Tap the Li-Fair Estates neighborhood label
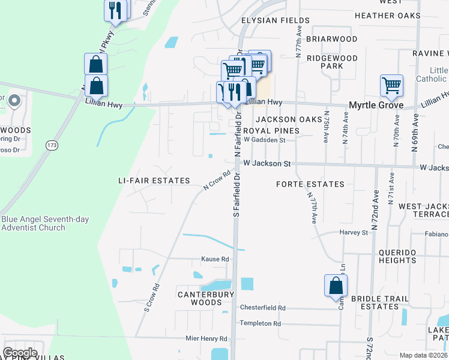tap(154, 181)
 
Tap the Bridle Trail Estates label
tap(383, 302)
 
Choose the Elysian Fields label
tap(275, 20)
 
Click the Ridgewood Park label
tap(332, 62)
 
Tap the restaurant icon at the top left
tap(116, 10)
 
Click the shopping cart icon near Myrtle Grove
tap(391, 85)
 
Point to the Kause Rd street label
tap(215, 259)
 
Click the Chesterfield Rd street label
tap(262, 308)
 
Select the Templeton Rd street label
tap(260, 323)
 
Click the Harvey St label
tap(353, 232)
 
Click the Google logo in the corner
tap(20, 353)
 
